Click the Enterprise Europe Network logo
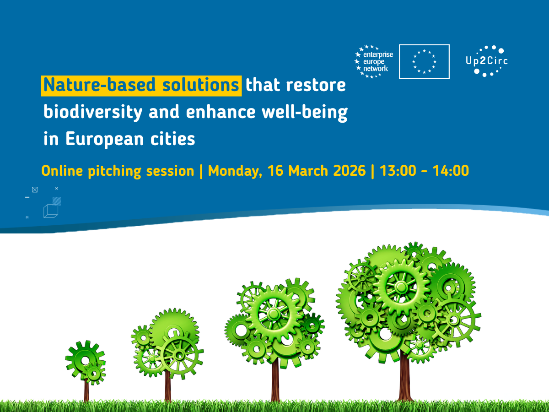(374, 61)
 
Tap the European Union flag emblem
(424, 61)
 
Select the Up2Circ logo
(487, 61)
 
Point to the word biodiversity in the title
(93, 113)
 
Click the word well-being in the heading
(305, 113)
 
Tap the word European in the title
(105, 139)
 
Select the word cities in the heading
(172, 139)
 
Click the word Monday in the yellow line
(235, 171)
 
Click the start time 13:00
(398, 171)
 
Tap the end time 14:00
(451, 171)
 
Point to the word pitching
(114, 172)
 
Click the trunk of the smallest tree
(86, 390)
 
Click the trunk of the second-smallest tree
(168, 386)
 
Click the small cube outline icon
(51, 211)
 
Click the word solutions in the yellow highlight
(200, 85)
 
